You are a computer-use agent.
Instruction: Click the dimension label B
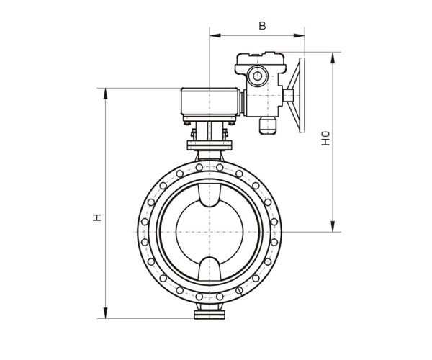pyautogui.click(x=262, y=26)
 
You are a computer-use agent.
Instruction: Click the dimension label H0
pyautogui.click(x=325, y=138)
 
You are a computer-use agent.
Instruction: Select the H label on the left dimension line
pyautogui.click(x=96, y=217)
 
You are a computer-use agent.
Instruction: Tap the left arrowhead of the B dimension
pyautogui.click(x=215, y=35)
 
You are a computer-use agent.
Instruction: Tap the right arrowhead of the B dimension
pyautogui.click(x=299, y=35)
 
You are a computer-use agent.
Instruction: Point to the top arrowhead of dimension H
pyautogui.click(x=105, y=94)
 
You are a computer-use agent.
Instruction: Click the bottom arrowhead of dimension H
pyautogui.click(x=105, y=313)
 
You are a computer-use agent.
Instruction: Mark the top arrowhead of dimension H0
pyautogui.click(x=333, y=58)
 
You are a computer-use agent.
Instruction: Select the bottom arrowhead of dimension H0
pyautogui.click(x=333, y=226)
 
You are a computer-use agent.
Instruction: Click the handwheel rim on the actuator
pyautogui.click(x=302, y=95)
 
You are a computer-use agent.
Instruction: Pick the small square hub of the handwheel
pyautogui.click(x=289, y=95)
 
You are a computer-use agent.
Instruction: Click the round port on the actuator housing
pyautogui.click(x=257, y=76)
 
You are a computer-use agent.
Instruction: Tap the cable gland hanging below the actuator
pyautogui.click(x=268, y=125)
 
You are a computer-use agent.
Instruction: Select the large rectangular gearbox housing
pyautogui.click(x=210, y=102)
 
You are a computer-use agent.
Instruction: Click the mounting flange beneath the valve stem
pyautogui.click(x=210, y=145)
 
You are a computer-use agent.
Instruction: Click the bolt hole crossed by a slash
pyautogui.click(x=240, y=290)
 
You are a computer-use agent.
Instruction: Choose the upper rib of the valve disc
pyautogui.click(x=210, y=195)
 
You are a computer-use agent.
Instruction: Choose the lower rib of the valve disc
pyautogui.click(x=210, y=269)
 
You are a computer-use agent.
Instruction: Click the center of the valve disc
pyautogui.click(x=210, y=232)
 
